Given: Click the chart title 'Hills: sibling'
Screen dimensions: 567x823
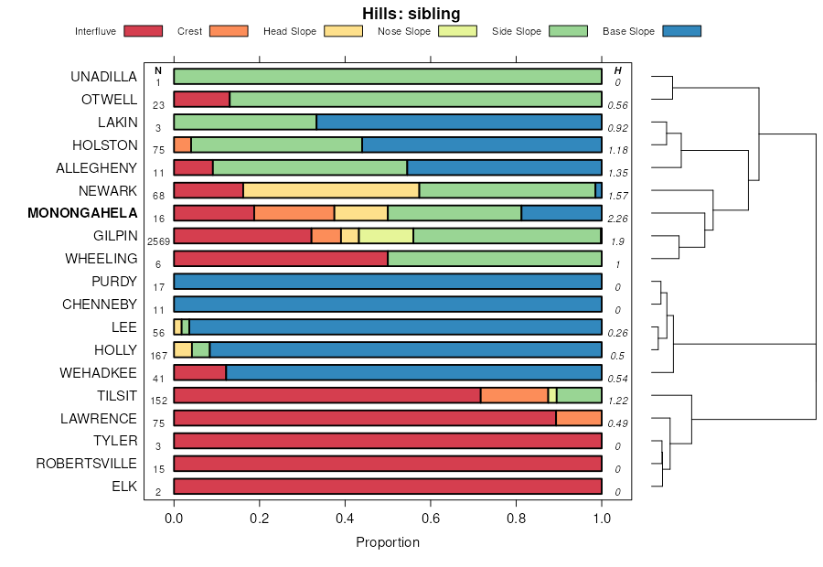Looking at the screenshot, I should pyautogui.click(x=411, y=14).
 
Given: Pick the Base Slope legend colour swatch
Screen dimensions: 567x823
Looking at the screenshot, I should pyautogui.click(x=679, y=31).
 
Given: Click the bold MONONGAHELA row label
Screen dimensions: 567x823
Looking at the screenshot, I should pyautogui.click(x=83, y=213).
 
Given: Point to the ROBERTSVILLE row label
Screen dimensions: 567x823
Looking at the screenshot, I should pyautogui.click(x=87, y=464).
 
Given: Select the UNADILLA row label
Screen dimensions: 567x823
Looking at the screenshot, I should pyautogui.click(x=104, y=77).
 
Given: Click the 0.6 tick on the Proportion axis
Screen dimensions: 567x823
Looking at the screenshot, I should pyautogui.click(x=431, y=517).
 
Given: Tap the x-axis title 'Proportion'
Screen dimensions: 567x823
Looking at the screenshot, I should pyautogui.click(x=388, y=542).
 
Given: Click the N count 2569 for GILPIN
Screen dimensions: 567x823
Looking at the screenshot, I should pyautogui.click(x=158, y=241).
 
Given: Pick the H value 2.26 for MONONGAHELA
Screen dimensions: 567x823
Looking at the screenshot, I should pyautogui.click(x=618, y=219).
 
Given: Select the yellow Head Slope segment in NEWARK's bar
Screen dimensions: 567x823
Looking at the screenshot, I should pyautogui.click(x=331, y=190).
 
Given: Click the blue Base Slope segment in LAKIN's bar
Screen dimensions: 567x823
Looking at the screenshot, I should pyautogui.click(x=459, y=122).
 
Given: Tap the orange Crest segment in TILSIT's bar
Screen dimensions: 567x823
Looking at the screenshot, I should pyautogui.click(x=514, y=395).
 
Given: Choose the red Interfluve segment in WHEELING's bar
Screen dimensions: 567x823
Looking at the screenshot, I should pyautogui.click(x=281, y=259).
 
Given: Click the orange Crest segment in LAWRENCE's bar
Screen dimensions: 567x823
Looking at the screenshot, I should pyautogui.click(x=579, y=418).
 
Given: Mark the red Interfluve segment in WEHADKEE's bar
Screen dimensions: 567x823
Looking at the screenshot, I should pyautogui.click(x=199, y=372).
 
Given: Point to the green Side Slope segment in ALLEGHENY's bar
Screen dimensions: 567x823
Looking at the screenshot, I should pyautogui.click(x=310, y=167).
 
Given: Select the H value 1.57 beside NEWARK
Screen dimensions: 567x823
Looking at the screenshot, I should pyautogui.click(x=618, y=196).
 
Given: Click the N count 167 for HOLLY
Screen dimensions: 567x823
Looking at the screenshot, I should pyautogui.click(x=158, y=355).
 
